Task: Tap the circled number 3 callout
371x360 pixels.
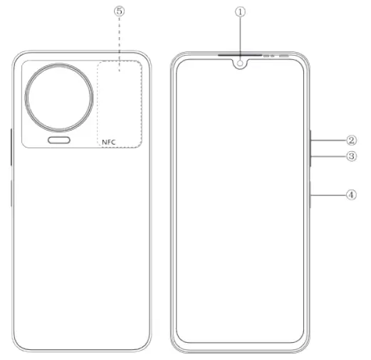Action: coord(352,155)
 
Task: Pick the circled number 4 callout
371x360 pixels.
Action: coord(352,194)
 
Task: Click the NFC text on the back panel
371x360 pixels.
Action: coord(108,142)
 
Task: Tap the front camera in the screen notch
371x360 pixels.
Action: coord(241,63)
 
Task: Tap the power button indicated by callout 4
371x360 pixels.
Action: coord(310,195)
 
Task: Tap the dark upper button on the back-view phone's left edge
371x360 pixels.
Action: coord(11,146)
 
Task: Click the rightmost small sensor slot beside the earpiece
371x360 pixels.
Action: coord(284,55)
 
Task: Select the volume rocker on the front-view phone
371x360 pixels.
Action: coord(310,148)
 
